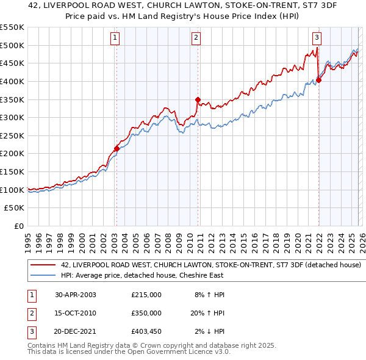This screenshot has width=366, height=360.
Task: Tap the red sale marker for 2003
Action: click(x=117, y=148)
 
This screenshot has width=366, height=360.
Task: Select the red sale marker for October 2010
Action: click(x=197, y=99)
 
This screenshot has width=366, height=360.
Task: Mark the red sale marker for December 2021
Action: click(x=318, y=80)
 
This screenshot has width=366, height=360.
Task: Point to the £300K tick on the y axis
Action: click(x=12, y=117)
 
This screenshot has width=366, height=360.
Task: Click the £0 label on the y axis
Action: click(x=19, y=226)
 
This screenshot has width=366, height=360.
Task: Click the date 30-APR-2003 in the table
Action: click(x=76, y=295)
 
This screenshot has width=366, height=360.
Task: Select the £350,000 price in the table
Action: click(x=146, y=313)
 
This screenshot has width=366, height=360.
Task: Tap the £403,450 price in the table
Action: click(x=146, y=332)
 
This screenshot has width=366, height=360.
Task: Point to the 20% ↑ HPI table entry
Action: click(x=210, y=313)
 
